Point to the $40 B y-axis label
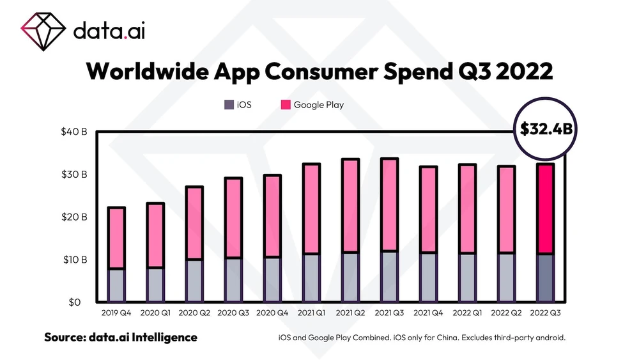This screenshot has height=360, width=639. point(74,132)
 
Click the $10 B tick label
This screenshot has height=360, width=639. point(74,260)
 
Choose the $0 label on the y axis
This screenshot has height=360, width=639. point(79,302)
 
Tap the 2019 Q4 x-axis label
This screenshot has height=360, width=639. point(116,314)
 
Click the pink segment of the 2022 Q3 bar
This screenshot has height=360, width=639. point(544,209)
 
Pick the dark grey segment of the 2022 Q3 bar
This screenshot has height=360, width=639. point(544,278)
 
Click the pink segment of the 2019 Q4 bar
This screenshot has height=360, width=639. point(116,238)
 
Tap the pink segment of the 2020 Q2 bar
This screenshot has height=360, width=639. point(194,223)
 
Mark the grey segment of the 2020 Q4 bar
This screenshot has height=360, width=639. point(272,279)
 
